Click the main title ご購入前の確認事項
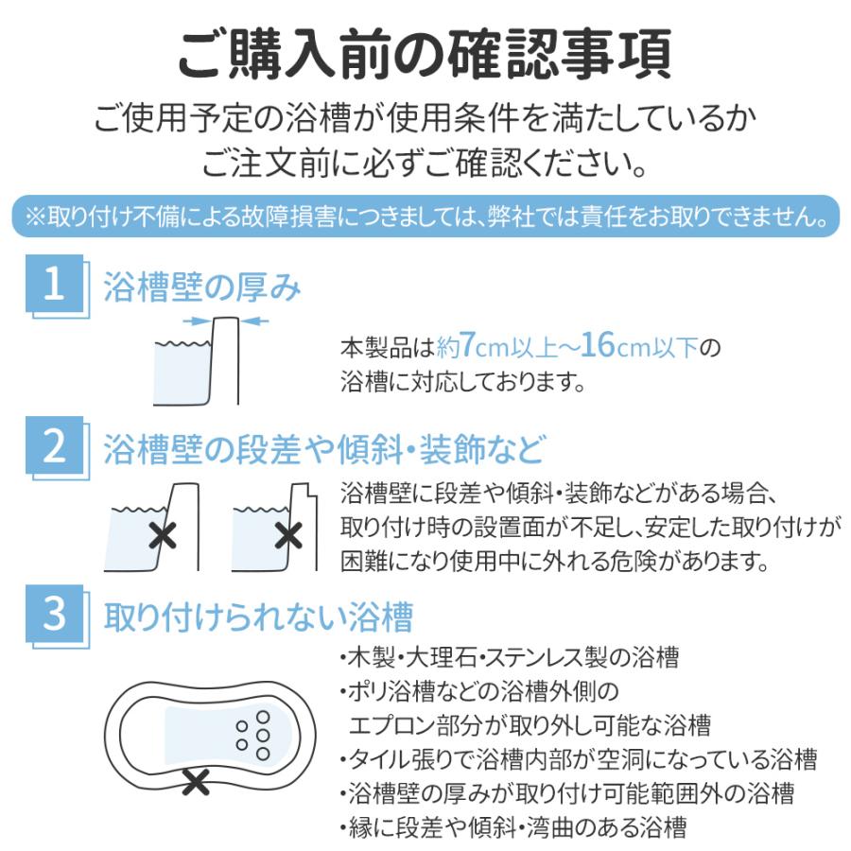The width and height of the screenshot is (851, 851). (425, 54)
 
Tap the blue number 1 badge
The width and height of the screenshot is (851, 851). (55, 284)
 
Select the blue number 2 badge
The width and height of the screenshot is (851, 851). (55, 446)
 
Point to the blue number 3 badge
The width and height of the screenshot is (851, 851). (55, 614)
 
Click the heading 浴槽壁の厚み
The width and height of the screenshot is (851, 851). (202, 287)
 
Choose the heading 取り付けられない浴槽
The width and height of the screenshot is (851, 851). (259, 617)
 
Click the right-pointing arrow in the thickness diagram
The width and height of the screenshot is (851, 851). (197, 321)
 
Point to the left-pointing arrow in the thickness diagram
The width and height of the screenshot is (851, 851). (254, 321)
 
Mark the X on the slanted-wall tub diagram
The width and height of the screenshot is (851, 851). (163, 536)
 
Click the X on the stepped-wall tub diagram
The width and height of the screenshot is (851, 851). (288, 536)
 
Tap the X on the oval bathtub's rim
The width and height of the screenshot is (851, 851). (196, 782)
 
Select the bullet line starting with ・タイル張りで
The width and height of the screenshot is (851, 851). (578, 759)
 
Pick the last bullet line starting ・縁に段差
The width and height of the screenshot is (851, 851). (512, 827)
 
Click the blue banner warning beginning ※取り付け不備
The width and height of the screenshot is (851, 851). (425, 216)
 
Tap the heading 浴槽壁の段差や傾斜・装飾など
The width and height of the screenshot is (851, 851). (323, 449)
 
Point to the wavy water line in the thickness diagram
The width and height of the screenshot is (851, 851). (182, 343)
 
